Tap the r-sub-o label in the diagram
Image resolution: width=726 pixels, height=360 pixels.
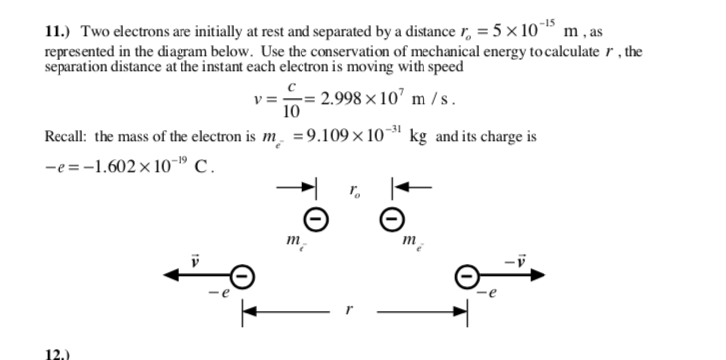(x=353, y=188)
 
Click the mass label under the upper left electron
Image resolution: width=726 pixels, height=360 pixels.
(x=293, y=242)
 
